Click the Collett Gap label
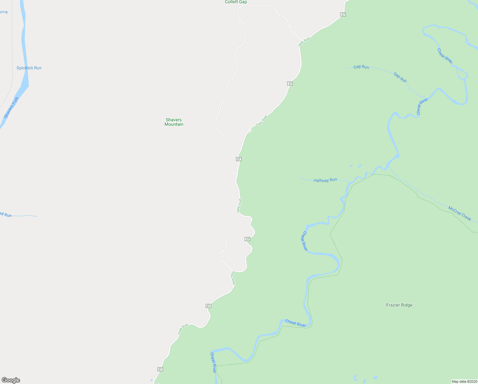(x=236, y=2)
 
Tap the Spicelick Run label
(x=29, y=68)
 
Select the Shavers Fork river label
(x=11, y=108)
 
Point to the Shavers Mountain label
(x=174, y=122)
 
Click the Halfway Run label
(x=325, y=180)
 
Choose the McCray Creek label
(x=459, y=213)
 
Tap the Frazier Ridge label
(x=399, y=305)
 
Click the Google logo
(x=11, y=380)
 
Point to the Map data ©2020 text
(x=464, y=381)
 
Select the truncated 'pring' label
(x=4, y=12)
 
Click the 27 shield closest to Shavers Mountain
(x=239, y=159)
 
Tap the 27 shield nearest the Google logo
(x=160, y=369)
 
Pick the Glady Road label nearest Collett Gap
(x=304, y=42)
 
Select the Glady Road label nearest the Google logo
(x=183, y=329)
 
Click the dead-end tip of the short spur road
(x=226, y=236)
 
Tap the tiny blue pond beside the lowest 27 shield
(x=151, y=380)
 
